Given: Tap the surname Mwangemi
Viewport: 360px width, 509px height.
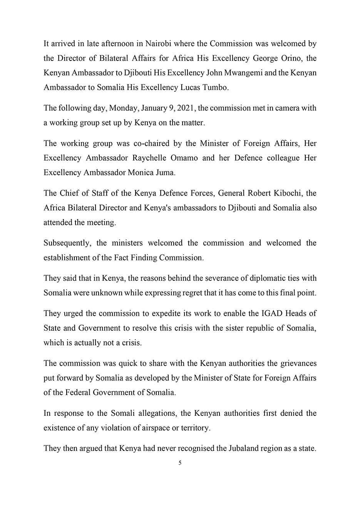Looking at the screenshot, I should pos(245,73).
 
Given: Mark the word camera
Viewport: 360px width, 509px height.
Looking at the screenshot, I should pos(285,108).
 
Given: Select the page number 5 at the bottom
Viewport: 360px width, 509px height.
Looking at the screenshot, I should pos(180,463).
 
